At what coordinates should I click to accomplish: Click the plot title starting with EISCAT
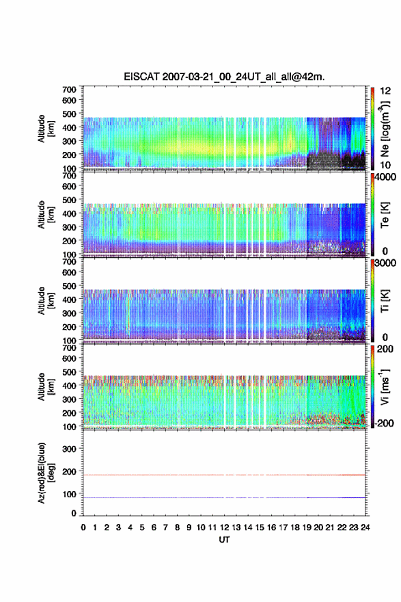click(x=224, y=77)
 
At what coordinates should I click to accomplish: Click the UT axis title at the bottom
click(x=224, y=540)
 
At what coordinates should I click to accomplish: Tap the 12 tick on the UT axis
click(x=224, y=527)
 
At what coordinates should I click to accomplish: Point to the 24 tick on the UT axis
click(x=365, y=527)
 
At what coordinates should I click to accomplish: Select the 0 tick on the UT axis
click(x=83, y=527)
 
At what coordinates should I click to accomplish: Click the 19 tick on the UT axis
click(x=306, y=527)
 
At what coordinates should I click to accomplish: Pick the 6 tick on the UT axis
click(x=154, y=527)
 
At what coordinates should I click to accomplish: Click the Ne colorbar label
click(x=385, y=129)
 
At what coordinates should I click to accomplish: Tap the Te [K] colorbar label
click(x=385, y=215)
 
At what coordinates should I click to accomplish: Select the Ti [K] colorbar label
click(x=385, y=301)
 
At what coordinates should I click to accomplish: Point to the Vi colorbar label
click(x=385, y=387)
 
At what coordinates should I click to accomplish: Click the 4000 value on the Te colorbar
click(x=385, y=177)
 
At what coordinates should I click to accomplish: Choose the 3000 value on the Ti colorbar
click(x=385, y=263)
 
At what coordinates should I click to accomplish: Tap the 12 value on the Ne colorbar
click(x=385, y=91)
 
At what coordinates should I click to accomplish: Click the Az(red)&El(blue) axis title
click(x=46, y=473)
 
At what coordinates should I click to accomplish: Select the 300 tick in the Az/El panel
click(x=69, y=449)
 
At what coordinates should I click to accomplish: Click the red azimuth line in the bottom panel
click(x=224, y=475)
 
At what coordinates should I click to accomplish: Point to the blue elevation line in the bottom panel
click(x=224, y=497)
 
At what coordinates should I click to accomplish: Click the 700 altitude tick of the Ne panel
click(x=69, y=90)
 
